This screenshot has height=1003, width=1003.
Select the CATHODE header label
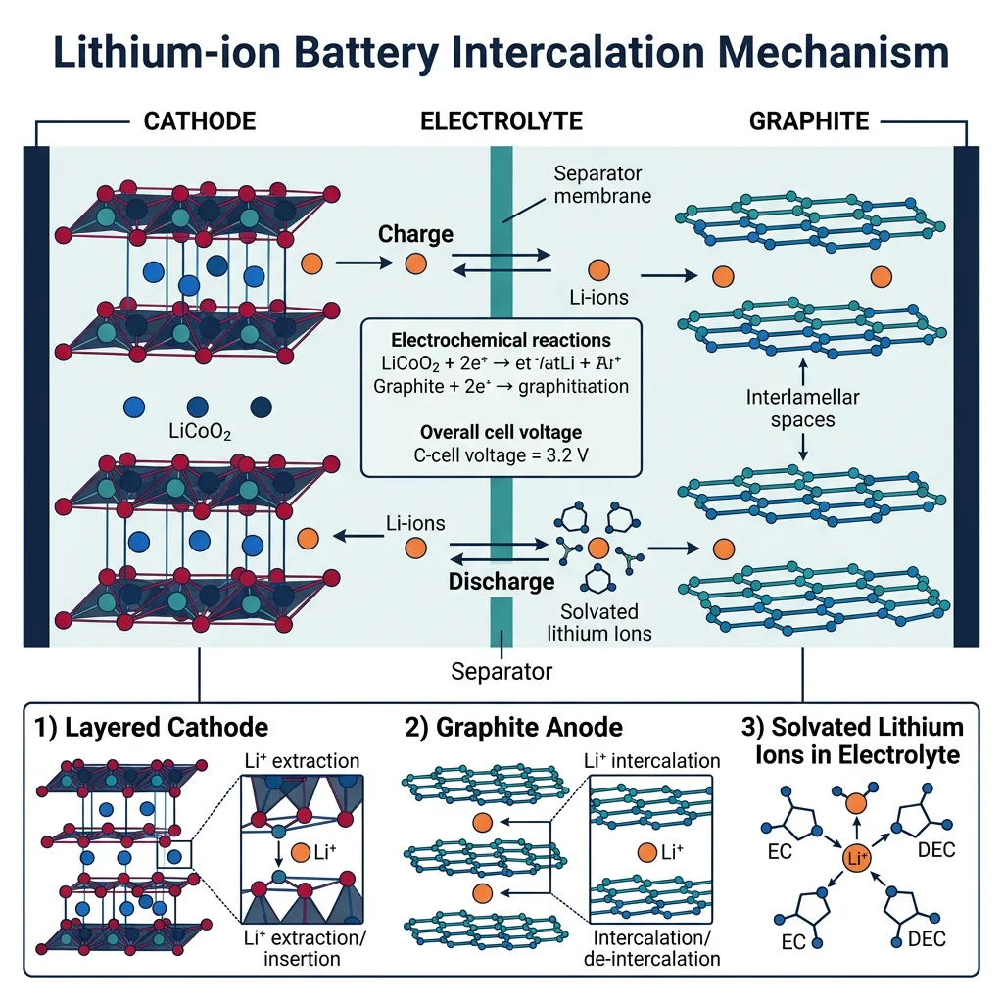tap(200, 121)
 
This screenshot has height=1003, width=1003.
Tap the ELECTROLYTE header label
tap(501, 121)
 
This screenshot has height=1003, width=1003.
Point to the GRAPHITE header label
tap(808, 121)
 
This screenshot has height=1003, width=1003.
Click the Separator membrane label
tap(598, 185)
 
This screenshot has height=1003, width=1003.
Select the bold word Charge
tap(415, 234)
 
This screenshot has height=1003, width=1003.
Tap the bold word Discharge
tap(501, 581)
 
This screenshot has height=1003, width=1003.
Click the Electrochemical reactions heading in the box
tap(501, 340)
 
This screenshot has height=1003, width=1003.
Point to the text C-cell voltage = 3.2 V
tap(501, 454)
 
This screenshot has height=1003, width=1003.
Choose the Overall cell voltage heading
tap(501, 431)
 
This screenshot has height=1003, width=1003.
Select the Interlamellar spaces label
tap(804, 408)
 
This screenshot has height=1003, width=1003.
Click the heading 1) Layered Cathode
tap(151, 728)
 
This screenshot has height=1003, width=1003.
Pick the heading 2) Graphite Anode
tap(514, 728)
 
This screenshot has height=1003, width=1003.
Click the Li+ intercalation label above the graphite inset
tap(651, 760)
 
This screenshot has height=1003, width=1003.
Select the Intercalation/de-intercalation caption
tap(651, 946)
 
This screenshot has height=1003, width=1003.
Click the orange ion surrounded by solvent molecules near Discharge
tap(599, 549)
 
